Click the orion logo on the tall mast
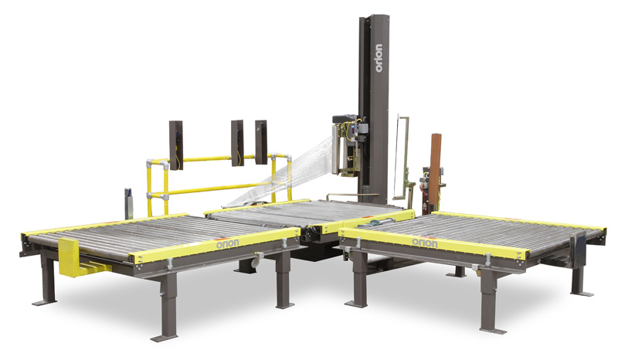click(379, 58)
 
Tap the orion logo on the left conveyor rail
click(227, 243)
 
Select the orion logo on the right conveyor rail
click(424, 243)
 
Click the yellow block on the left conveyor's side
click(70, 256)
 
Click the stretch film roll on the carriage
click(335, 148)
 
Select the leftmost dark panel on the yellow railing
click(176, 145)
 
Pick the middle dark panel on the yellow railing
click(237, 143)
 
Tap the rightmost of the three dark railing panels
click(261, 142)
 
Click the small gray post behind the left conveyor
click(128, 203)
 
